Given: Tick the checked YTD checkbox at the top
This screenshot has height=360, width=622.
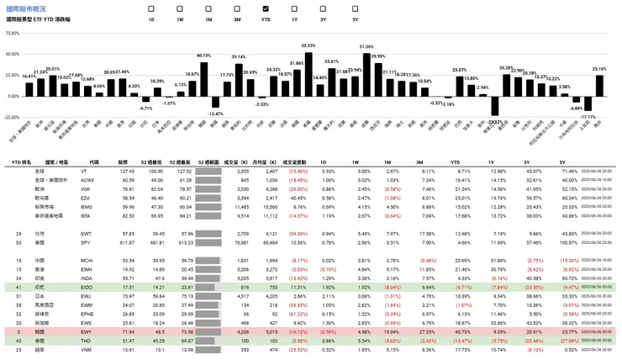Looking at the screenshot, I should (x=266, y=8).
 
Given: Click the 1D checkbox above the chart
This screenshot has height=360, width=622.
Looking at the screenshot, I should (x=151, y=8).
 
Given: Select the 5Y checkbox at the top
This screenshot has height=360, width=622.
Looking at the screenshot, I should (x=355, y=8).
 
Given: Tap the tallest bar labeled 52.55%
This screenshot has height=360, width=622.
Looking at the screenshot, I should (x=308, y=72).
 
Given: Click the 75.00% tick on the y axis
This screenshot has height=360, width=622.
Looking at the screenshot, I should (x=12, y=34).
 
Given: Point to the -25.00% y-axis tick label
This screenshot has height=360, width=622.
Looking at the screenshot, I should (x=12, y=116).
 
